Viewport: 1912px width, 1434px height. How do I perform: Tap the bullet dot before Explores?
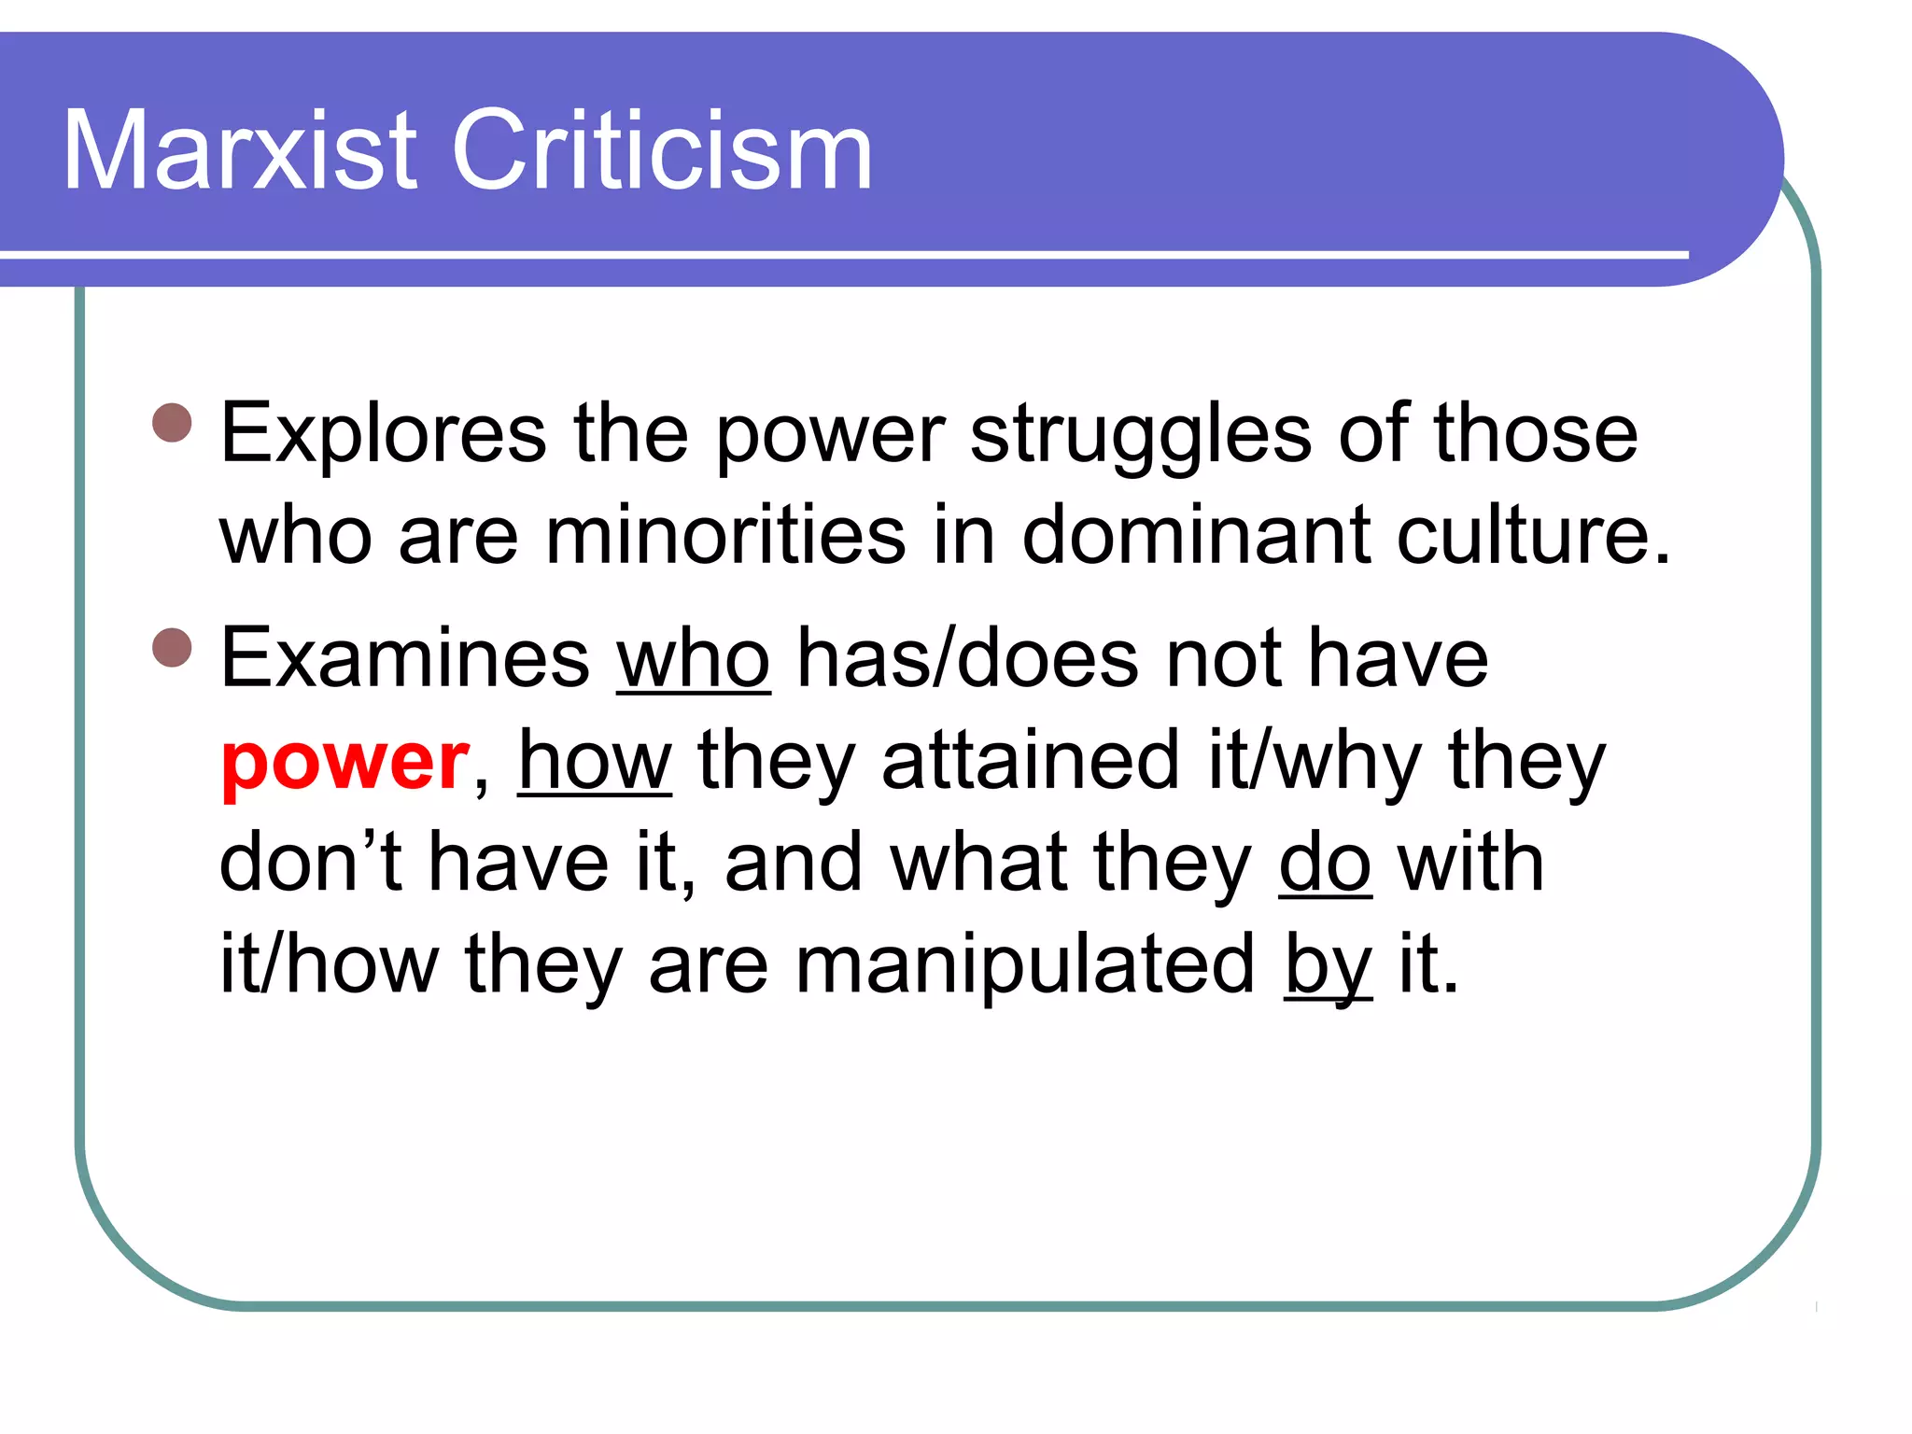[172, 423]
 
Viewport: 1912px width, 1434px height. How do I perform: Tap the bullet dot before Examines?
[172, 647]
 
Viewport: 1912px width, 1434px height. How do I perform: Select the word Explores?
[383, 433]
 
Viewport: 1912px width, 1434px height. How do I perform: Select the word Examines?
[404, 658]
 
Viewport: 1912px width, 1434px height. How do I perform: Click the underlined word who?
[693, 658]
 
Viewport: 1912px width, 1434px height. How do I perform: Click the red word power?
[344, 762]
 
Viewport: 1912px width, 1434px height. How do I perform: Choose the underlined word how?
[595, 760]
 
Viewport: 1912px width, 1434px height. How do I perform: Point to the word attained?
[1031, 760]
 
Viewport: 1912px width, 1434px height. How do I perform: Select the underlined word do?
[1325, 863]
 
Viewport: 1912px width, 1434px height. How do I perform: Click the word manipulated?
[1024, 965]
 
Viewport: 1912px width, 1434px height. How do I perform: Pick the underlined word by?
[1328, 967]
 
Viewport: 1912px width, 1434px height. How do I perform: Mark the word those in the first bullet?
[1536, 433]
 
